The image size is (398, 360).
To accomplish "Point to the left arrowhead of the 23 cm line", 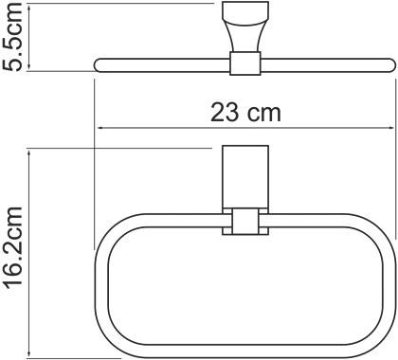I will click(x=99, y=128).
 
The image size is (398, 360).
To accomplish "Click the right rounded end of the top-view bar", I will click(x=389, y=64).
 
